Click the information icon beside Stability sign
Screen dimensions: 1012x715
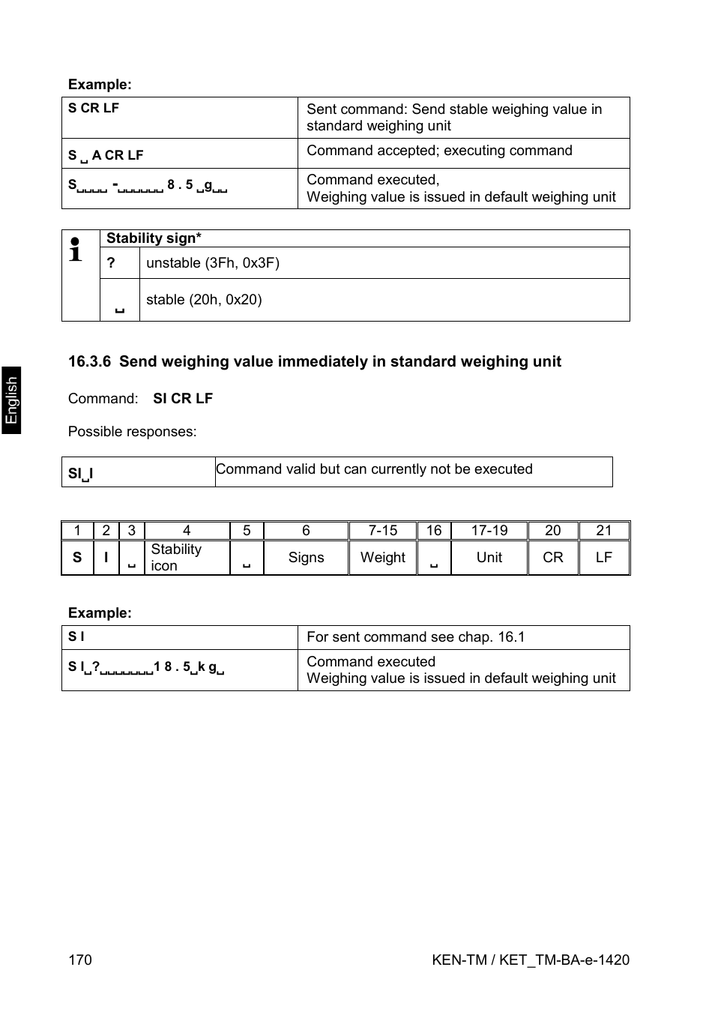tap(76, 250)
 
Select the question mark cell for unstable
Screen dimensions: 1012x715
tap(111, 263)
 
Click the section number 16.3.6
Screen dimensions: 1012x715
tap(89, 361)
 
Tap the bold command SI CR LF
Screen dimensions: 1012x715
tap(183, 398)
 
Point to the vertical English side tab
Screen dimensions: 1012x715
tap(11, 400)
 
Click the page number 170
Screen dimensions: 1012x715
tap(80, 960)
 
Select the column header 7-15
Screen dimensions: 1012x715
tap(382, 531)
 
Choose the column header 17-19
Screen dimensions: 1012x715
tap(489, 531)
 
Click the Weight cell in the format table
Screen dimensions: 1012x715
tap(382, 558)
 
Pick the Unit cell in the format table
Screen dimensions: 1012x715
tap(489, 558)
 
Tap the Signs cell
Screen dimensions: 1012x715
tap(306, 558)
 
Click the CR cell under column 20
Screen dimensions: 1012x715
tap(552, 558)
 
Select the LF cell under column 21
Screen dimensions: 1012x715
tap(603, 558)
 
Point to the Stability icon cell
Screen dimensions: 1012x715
tap(176, 558)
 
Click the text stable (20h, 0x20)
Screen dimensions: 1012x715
tap(204, 300)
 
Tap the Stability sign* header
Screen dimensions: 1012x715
tap(154, 238)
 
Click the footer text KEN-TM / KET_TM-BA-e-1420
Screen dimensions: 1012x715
tap(531, 960)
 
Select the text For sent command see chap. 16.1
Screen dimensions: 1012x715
tap(415, 637)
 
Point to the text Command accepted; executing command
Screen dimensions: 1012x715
tap(439, 151)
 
